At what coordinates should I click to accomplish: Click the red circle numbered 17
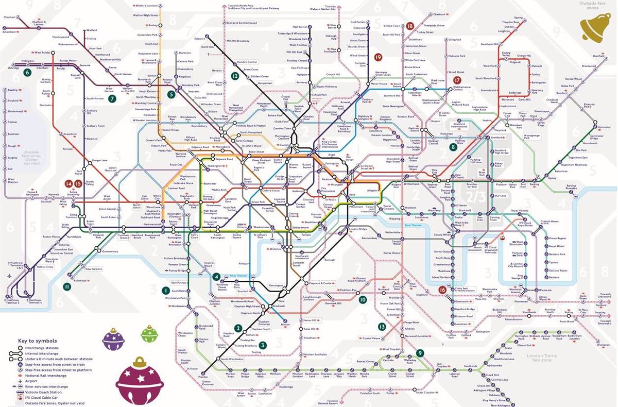pos(457,80)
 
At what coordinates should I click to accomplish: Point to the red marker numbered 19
pos(379,57)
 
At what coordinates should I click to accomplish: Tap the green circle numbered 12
pos(235,76)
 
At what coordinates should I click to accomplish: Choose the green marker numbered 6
pos(27,72)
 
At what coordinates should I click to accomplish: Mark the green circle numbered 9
pos(421,353)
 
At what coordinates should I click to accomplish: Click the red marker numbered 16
pos(442,290)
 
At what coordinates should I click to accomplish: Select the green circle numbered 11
pos(66,286)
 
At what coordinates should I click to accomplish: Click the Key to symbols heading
pos(38,341)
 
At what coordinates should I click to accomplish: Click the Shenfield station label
pos(597,55)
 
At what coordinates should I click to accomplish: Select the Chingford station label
pos(455,39)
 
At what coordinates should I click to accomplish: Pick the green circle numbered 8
pos(453,147)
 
